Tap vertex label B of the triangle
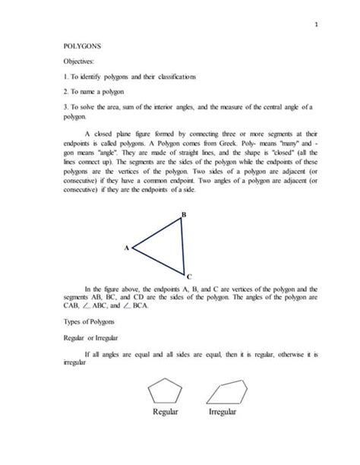point(183,216)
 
